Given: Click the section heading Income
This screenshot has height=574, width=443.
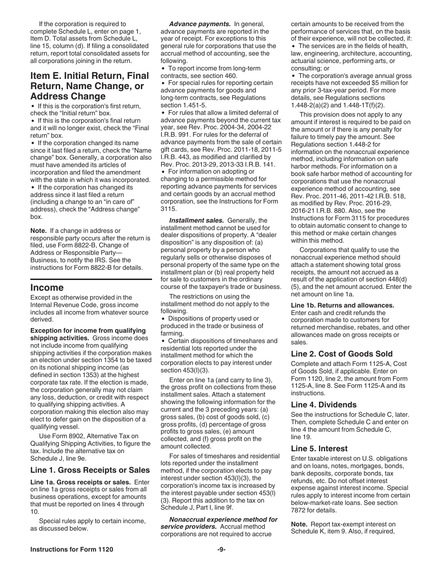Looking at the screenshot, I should [x=47, y=287].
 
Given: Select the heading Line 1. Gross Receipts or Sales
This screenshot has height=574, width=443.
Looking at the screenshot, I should [x=90, y=470].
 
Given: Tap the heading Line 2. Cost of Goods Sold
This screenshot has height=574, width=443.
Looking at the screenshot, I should [x=342, y=354].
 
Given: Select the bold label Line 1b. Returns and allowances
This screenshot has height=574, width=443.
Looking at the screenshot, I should [x=343, y=305].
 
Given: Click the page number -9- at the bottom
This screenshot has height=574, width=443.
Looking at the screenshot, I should [x=221, y=549].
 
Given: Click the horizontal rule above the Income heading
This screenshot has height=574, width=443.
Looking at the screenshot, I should [x=91, y=279].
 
